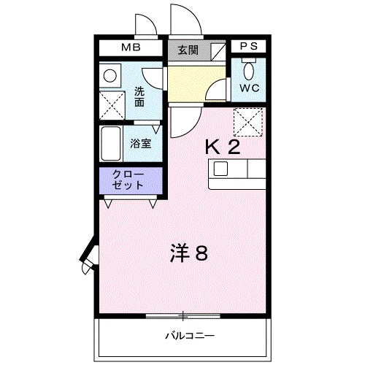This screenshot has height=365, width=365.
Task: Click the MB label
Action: click(131, 47)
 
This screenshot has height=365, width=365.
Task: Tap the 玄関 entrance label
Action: click(188, 50)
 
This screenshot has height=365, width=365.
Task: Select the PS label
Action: click(249, 46)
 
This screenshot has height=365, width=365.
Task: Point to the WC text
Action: click(249, 88)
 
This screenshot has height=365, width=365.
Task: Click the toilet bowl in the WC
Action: click(249, 71)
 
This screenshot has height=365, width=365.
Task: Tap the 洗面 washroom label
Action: click(139, 97)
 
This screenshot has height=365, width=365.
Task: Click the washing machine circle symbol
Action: click(110, 76)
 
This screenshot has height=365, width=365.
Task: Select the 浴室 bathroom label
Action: click(141, 144)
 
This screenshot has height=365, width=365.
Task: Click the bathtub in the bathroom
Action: click(111, 144)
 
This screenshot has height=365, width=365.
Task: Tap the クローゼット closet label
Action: click(128, 180)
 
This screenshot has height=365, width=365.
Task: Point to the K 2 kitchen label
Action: click(223, 147)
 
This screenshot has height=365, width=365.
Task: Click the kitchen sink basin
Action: click(220, 169)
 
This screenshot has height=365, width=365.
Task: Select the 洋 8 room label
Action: click(189, 253)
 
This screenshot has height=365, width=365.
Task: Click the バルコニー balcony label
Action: click(190, 336)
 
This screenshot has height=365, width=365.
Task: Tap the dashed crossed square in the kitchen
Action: click(248, 122)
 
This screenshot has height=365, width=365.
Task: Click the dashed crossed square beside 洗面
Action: click(112, 105)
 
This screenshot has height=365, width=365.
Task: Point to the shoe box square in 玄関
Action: click(218, 52)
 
